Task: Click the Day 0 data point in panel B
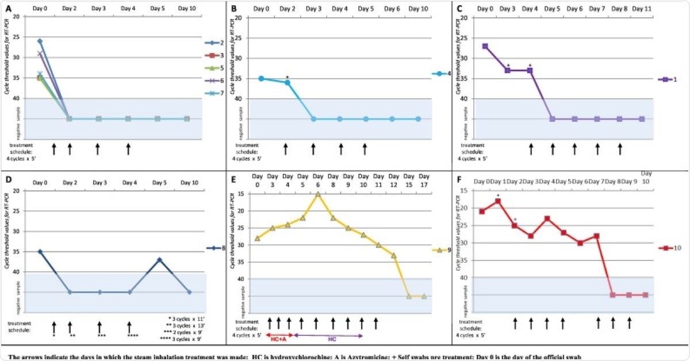click(x=261, y=78)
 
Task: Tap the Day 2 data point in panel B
click(x=287, y=82)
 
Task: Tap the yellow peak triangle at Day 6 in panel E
click(x=318, y=194)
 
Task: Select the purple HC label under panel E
click(x=332, y=340)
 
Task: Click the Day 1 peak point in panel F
click(x=498, y=201)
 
